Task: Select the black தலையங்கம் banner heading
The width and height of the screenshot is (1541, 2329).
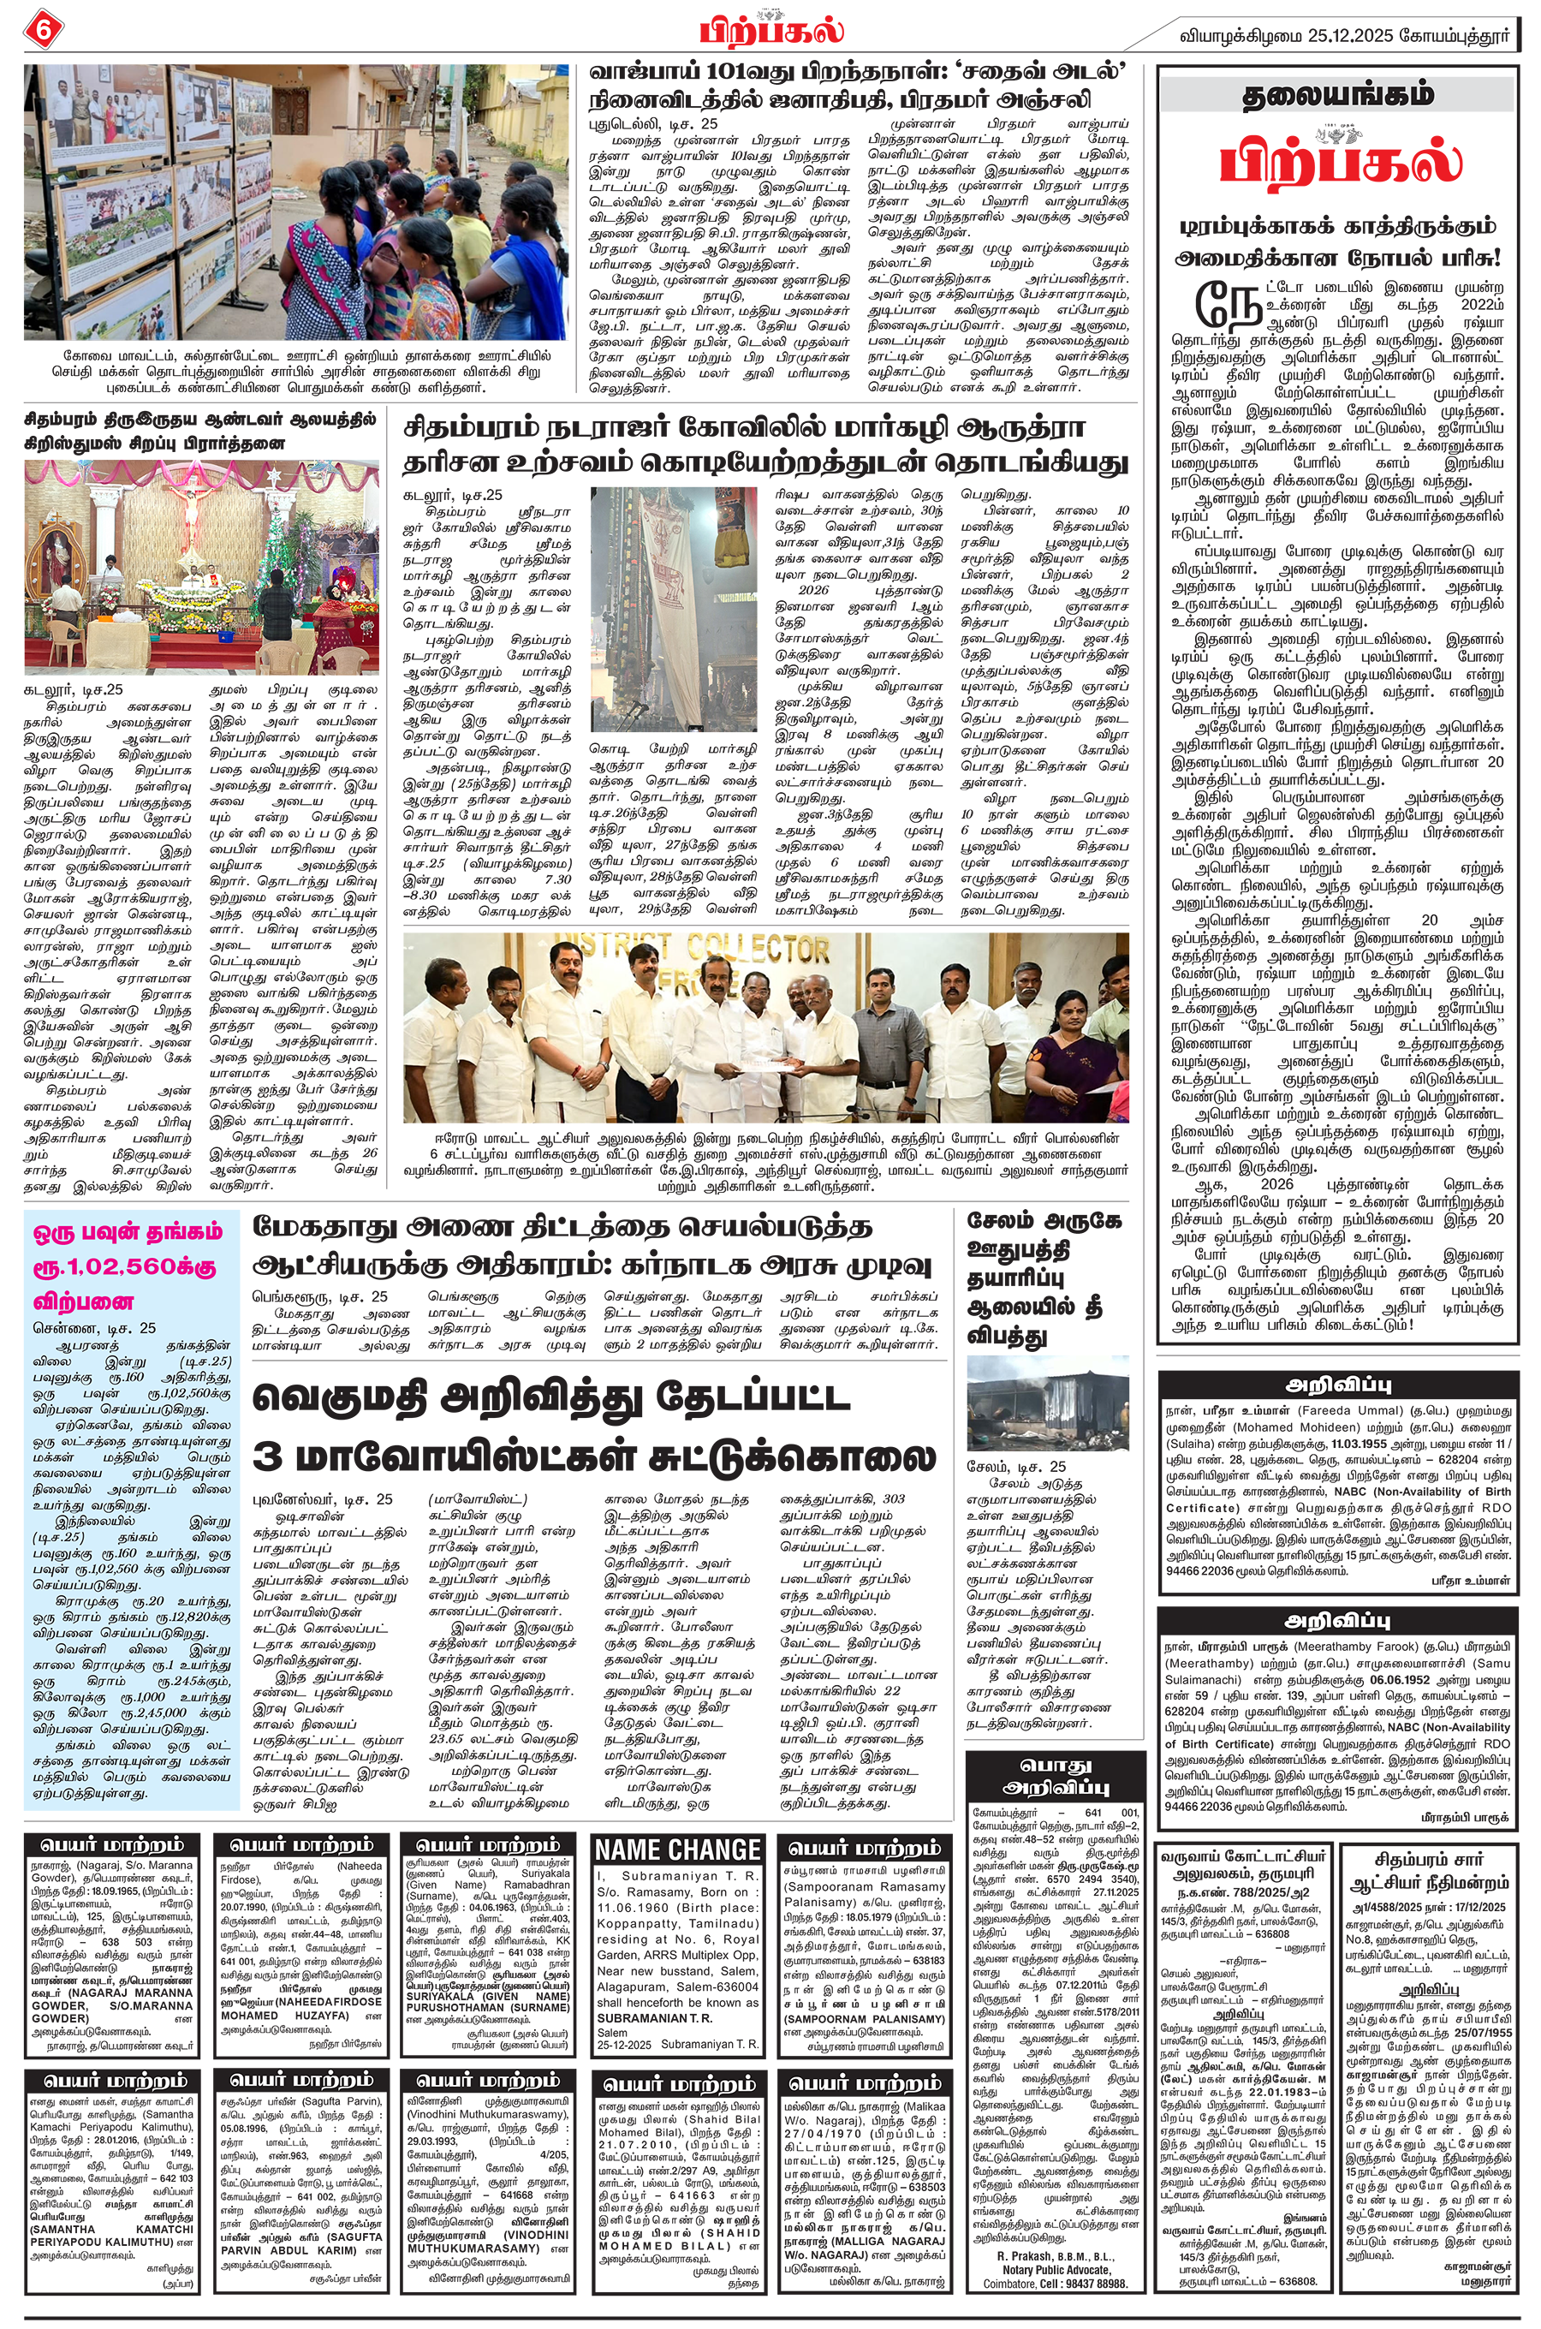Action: (x=1340, y=95)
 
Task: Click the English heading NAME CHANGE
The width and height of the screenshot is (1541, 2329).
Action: (x=678, y=1850)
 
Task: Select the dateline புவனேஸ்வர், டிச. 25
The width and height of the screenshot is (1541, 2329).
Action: (x=324, y=1498)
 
